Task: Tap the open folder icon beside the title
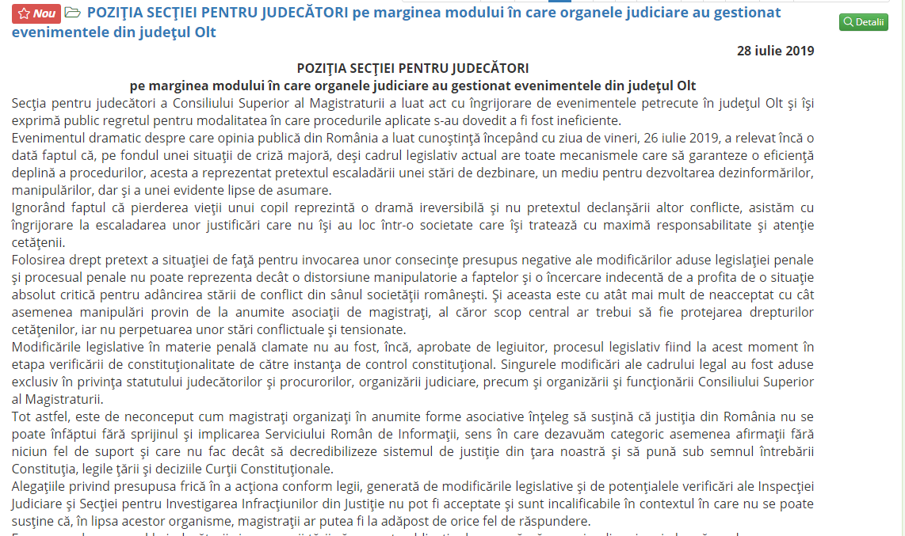point(72,13)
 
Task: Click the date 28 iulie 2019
point(775,51)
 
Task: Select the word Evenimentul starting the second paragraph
point(51,138)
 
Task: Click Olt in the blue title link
point(200,32)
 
